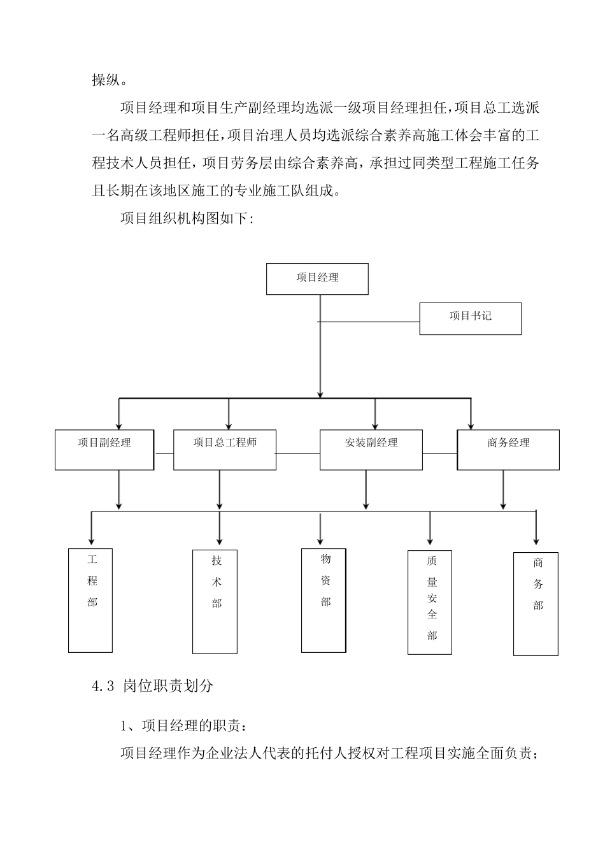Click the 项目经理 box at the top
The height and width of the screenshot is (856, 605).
[x=317, y=279]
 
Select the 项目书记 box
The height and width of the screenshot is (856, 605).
[x=470, y=318]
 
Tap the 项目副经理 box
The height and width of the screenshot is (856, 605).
[x=104, y=450]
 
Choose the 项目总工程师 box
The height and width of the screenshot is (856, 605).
[x=225, y=450]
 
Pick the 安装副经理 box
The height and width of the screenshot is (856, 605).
[x=371, y=450]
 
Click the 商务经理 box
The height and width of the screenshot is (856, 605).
[x=508, y=450]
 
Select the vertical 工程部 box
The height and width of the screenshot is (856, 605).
[x=90, y=600]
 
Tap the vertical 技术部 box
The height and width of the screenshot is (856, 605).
[x=215, y=601]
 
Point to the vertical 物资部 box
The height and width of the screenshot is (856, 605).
[x=324, y=600]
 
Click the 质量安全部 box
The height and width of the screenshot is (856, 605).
[x=430, y=602]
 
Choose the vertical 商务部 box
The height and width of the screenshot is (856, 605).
[x=536, y=604]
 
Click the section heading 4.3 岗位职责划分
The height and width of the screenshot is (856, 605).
[x=153, y=686]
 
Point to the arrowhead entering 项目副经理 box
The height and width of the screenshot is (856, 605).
[x=118, y=425]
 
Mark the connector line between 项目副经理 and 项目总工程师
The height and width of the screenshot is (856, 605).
[x=164, y=453]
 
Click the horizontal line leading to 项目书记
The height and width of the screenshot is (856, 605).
[x=369, y=322]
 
